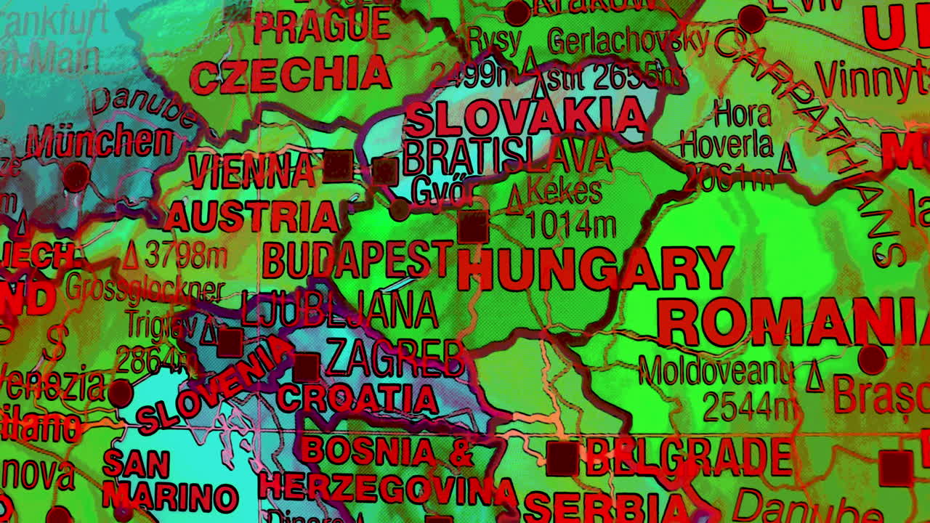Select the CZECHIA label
coord(291,76)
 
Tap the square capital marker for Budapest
coord(473,227)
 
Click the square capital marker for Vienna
coord(338,166)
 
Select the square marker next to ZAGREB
coord(306,368)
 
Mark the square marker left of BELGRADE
coord(562,459)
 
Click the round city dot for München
coord(76,177)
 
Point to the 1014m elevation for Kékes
coord(570,225)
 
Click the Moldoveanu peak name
coord(716,373)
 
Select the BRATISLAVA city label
coord(506,155)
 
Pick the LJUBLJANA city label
coord(339,310)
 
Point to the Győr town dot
coord(399,211)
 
